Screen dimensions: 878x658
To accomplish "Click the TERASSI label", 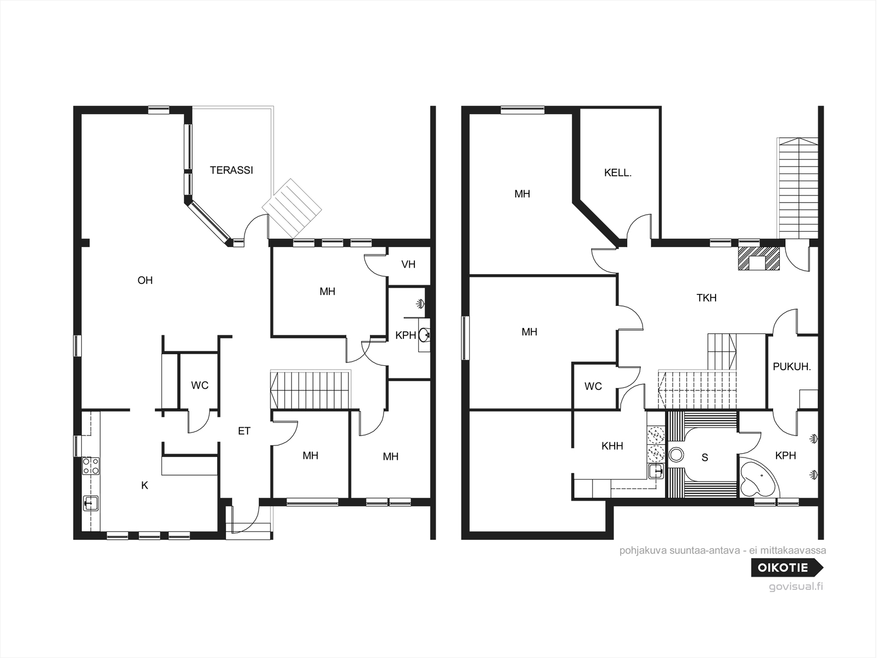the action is (232, 170).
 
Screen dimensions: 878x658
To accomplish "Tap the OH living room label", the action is (145, 280).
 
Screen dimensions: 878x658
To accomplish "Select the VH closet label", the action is (408, 264).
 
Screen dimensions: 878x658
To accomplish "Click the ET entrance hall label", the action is (244, 431).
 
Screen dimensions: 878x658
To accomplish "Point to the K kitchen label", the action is (145, 486).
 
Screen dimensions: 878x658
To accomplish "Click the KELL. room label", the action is (617, 173).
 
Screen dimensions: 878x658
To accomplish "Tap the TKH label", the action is (706, 298).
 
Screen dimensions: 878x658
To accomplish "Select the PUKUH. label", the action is (792, 366).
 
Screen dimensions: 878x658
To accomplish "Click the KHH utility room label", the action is (612, 446).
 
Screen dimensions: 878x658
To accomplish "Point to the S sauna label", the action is (705, 458).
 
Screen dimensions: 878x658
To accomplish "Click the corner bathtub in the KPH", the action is (757, 478).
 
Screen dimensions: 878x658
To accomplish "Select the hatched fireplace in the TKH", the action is (759, 259).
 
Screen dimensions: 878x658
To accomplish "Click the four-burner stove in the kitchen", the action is (91, 466).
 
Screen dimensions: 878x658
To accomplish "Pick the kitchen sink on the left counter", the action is (91, 503).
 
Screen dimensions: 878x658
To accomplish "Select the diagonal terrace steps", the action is (292, 209).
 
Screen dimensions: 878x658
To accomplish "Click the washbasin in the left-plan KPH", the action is (424, 334).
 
